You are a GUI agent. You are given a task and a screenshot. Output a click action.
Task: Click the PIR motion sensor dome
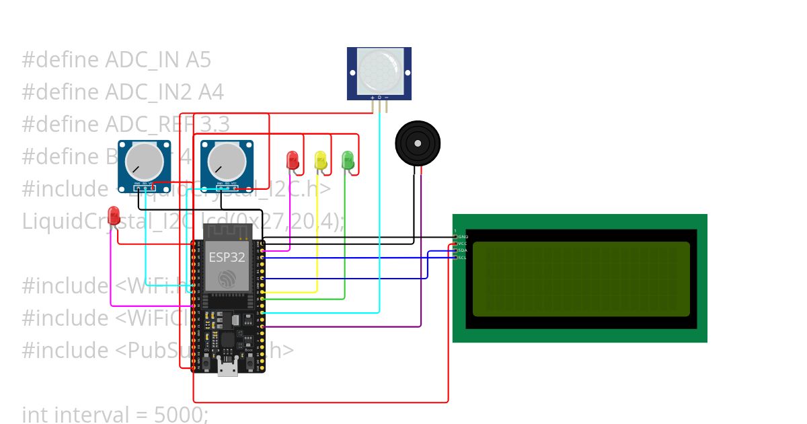(379, 71)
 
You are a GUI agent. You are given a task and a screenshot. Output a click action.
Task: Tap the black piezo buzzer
(418, 143)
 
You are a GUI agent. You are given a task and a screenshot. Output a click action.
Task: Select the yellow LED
(321, 160)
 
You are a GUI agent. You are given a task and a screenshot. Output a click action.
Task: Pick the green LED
(348, 160)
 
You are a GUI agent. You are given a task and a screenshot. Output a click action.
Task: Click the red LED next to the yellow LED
(293, 160)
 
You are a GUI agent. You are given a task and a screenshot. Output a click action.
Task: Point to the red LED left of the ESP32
(114, 215)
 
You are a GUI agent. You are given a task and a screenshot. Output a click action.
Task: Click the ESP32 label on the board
(227, 257)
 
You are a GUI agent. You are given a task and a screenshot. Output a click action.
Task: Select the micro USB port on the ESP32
(227, 367)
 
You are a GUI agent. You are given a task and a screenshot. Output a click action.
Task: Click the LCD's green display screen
(581, 279)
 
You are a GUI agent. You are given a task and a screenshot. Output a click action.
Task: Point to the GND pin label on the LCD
(463, 237)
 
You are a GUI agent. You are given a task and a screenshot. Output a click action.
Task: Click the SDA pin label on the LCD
(463, 250)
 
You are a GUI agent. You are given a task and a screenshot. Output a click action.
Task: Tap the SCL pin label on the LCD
(463, 257)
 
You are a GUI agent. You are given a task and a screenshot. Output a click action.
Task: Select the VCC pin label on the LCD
(463, 244)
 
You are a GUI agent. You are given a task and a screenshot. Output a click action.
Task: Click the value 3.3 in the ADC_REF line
(213, 125)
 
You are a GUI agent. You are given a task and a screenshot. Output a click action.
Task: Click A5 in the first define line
(198, 60)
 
